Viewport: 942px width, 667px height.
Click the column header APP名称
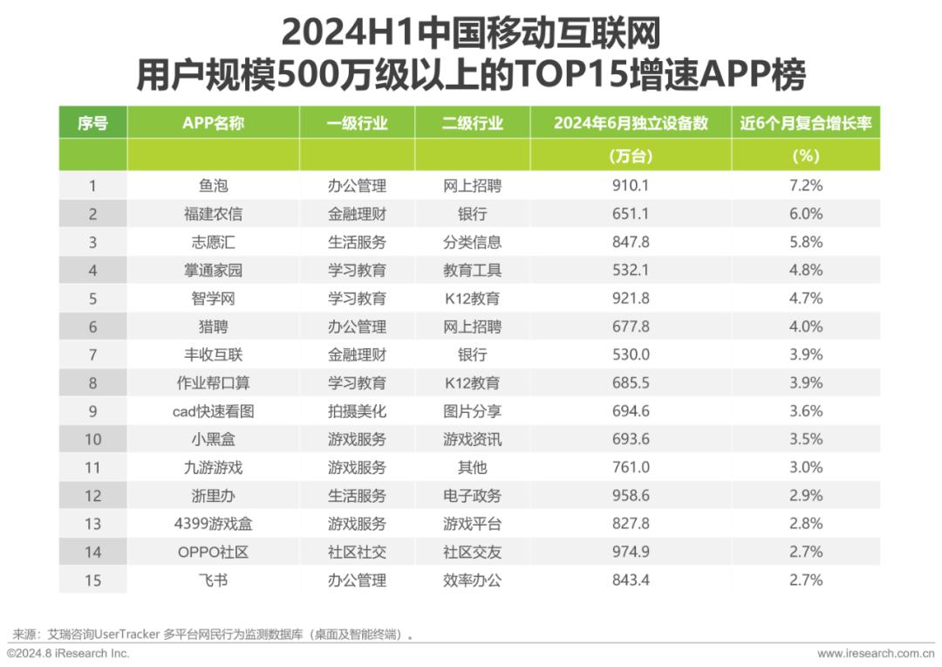(214, 123)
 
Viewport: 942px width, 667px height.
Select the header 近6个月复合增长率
(806, 123)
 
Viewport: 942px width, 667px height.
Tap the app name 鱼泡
(214, 186)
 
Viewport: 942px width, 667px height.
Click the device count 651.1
(631, 214)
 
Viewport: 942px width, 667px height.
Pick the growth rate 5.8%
(806, 243)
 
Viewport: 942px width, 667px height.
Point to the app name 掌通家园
(214, 271)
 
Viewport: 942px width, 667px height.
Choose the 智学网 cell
(214, 299)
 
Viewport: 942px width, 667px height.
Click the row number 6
(92, 327)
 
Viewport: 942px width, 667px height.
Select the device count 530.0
(631, 354)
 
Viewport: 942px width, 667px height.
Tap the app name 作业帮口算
(214, 383)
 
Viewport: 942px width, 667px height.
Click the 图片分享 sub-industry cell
(472, 411)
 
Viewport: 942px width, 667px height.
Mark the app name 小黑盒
(214, 440)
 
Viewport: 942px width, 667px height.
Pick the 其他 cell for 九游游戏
(472, 468)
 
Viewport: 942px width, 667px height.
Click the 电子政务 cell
(472, 496)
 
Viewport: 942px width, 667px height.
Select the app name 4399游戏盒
(214, 524)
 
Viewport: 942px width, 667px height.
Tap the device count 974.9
(631, 552)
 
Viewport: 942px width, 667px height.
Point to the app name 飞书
(214, 581)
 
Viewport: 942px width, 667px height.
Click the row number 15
(92, 581)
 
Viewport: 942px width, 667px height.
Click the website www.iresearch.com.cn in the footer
(876, 654)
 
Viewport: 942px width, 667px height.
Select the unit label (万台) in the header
(631, 156)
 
